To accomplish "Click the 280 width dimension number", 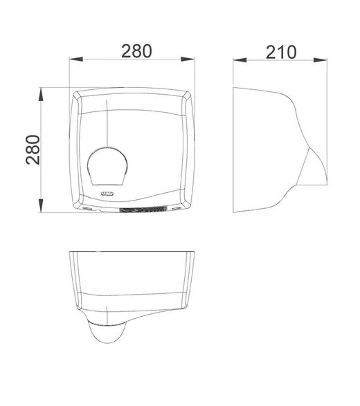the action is coord(136,51).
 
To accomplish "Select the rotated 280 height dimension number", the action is coord(33,150).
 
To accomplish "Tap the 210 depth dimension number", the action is coord(280,53).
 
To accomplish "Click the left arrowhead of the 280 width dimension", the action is coord(76,59).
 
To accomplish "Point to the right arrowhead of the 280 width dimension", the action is coord(188,59).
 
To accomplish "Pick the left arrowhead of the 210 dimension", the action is coord(240,60).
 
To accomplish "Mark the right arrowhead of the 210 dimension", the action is coord(321,60).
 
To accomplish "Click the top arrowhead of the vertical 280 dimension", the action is coord(41,94).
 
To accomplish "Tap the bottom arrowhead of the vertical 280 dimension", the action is coord(41,206).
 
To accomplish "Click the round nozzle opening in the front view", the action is coord(107,166).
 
